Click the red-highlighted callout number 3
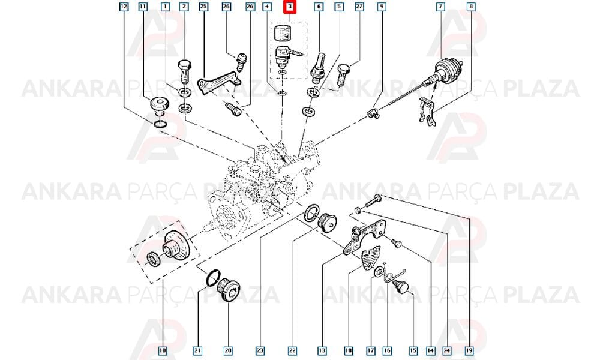pos(290,7)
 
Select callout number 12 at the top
pos(124,7)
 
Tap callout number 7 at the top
pos(441,7)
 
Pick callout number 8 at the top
pos(471,7)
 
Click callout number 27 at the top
pos(359,7)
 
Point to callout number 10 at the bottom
pos(163,350)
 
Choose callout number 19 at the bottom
pos(470,350)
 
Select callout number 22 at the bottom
pos(292,350)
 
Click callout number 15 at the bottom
pos(413,350)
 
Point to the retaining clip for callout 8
pos(427,112)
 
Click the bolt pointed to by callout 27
pos(343,74)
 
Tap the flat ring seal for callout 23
pos(312,214)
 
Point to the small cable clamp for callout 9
pos(373,113)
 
